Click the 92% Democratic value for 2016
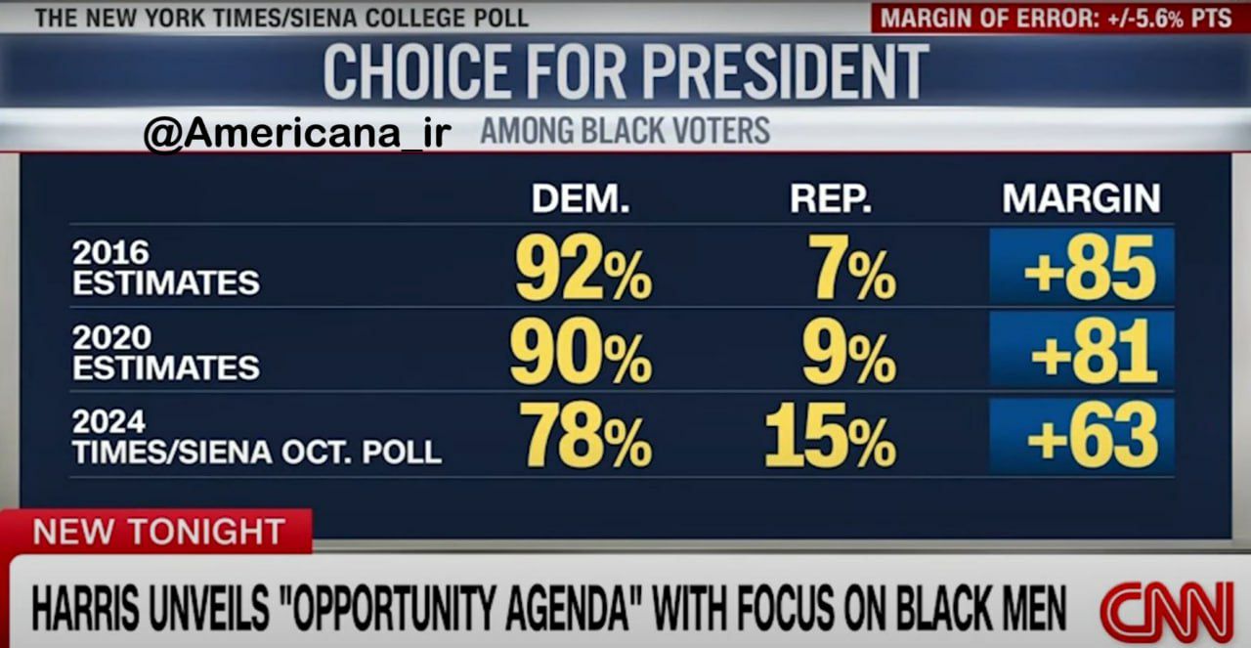[583, 268]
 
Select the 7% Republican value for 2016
[852, 268]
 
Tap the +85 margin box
[1082, 267]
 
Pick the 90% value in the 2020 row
[581, 352]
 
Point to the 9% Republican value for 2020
[849, 352]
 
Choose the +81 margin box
[1082, 351]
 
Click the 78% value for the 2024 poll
[585, 435]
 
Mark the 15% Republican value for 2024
[831, 435]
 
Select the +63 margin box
[1082, 436]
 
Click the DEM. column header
[581, 198]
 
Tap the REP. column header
[831, 198]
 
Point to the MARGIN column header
[1081, 198]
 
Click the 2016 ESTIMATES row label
[166, 268]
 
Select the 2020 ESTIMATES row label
[166, 353]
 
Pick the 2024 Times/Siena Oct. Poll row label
[257, 438]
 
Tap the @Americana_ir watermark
[297, 133]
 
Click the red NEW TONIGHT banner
[156, 532]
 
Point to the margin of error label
[1057, 19]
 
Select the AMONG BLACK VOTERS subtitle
[625, 131]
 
